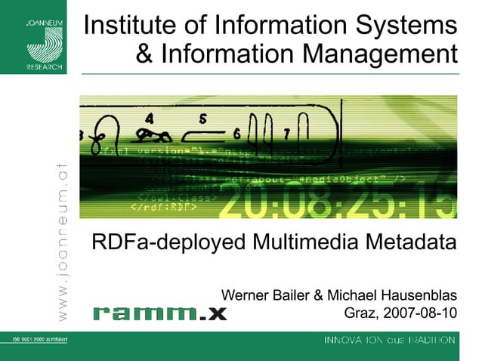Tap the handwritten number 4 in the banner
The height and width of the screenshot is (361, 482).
coord(151,118)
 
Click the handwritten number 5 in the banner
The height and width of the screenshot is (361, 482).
coord(202,119)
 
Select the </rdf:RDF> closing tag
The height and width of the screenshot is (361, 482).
coord(163,206)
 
